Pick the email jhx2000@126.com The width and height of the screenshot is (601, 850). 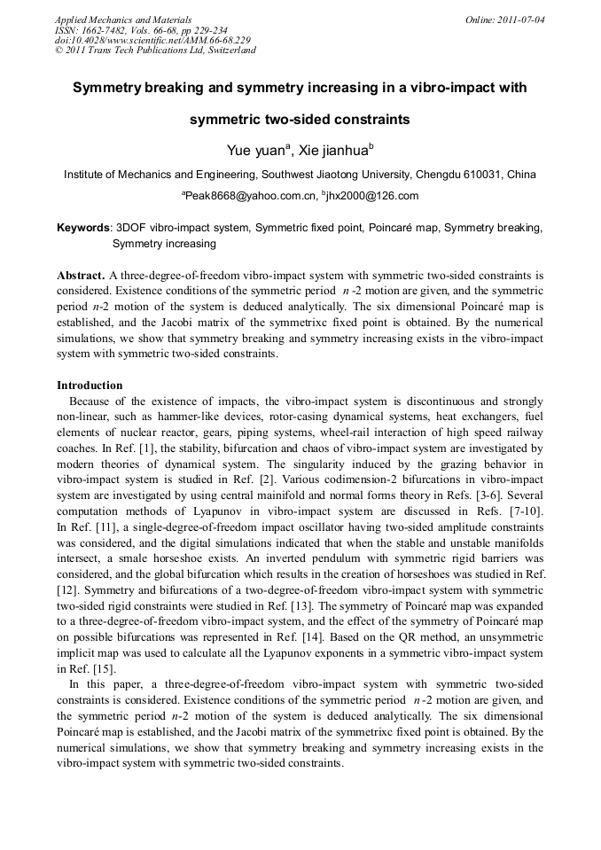click(372, 196)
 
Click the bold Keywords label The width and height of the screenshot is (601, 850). click(83, 228)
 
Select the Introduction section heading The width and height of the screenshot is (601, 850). click(90, 386)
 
